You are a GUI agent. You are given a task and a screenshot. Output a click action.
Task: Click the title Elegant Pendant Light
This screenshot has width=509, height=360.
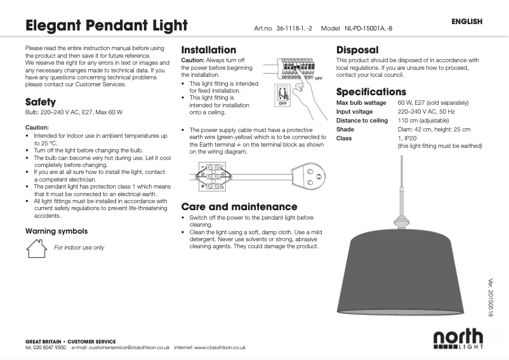tap(106, 26)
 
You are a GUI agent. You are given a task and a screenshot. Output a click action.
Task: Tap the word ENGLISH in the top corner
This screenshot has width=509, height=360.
tap(467, 22)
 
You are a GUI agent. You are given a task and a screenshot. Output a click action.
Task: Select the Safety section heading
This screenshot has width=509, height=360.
tap(41, 102)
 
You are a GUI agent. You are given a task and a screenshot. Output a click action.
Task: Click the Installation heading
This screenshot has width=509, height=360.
tap(208, 50)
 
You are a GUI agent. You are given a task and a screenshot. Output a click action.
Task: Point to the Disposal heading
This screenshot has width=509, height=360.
tap(357, 50)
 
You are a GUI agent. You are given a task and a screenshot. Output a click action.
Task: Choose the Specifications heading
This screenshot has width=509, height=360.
tap(371, 92)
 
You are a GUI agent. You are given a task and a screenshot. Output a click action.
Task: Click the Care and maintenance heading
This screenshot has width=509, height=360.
tap(239, 206)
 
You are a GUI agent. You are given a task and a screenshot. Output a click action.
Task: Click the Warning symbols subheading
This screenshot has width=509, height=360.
tap(56, 231)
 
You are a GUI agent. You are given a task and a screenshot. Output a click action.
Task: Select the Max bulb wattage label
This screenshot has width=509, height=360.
tap(361, 102)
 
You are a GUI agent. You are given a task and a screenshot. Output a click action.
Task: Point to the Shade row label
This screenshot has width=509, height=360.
tap(345, 129)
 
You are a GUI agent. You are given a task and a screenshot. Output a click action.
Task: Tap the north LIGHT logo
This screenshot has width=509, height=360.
tap(458, 340)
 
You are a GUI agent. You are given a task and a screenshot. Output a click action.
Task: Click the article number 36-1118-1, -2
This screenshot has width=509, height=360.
tap(294, 29)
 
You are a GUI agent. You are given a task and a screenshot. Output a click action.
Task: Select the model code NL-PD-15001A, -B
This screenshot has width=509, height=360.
tap(369, 29)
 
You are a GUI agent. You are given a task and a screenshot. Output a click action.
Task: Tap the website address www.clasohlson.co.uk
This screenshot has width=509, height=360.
tap(220, 348)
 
